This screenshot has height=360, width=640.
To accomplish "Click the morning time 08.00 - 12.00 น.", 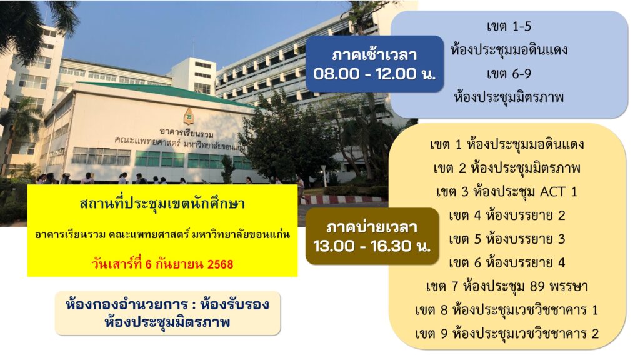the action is (374, 74).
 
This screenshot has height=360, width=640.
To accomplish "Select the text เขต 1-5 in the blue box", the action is (509, 27).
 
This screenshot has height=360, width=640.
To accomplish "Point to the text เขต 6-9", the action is (509, 74).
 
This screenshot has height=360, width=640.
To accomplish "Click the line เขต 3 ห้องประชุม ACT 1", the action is (506, 192).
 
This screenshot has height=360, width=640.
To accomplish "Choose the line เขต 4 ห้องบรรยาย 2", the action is (507, 216).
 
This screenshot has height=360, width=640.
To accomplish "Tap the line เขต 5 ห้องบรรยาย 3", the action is (507, 239).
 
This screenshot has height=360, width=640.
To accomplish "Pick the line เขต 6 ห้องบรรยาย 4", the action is (507, 263).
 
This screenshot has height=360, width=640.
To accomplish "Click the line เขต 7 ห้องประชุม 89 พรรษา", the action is (506, 286).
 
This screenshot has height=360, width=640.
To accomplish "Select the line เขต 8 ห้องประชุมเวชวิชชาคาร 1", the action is (506, 310).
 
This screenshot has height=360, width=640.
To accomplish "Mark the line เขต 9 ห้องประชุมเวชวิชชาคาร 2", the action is (506, 334).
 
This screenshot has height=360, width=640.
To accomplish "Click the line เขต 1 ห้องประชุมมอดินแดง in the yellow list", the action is (507, 144).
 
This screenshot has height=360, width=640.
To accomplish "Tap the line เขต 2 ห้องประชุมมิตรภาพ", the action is (507, 168).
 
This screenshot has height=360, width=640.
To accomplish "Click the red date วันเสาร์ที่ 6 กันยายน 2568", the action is (162, 264).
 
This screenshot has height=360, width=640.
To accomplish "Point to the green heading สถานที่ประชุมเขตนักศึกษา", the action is (162, 203).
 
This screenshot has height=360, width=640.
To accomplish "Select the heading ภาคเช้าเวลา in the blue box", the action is (374, 55).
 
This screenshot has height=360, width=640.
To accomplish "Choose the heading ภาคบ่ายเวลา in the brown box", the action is (372, 227).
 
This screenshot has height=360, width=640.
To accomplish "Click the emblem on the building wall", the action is (189, 116).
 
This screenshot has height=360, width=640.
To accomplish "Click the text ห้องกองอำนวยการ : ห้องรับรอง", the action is (167, 305).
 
